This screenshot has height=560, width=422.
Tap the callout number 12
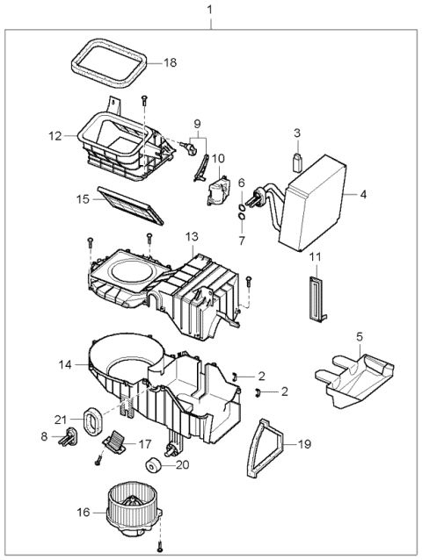(x=55, y=136)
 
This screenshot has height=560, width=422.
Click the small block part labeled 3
(x=297, y=161)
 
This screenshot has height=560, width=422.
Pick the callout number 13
(x=192, y=236)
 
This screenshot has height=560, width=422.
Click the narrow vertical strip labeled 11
(x=315, y=297)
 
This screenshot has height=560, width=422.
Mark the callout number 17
(x=145, y=444)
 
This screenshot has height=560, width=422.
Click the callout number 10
(x=219, y=159)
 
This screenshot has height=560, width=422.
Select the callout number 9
(x=197, y=123)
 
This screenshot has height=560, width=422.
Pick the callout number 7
(x=242, y=241)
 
